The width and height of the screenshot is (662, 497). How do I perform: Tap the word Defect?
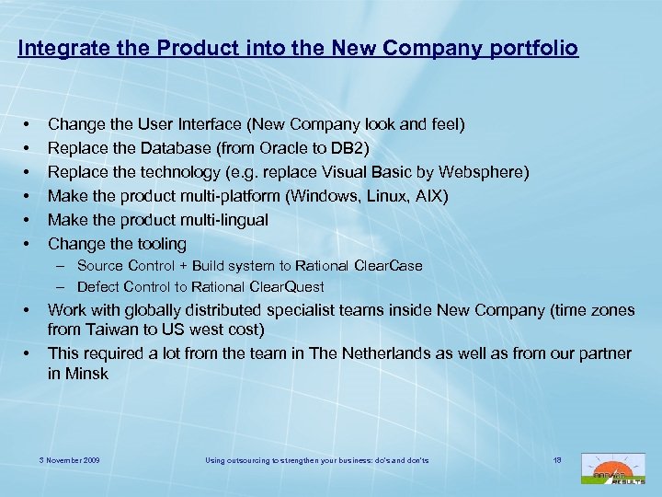coord(98,287)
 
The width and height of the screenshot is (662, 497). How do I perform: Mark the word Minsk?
coord(86,374)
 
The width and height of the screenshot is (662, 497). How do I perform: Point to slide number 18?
coord(557,458)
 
